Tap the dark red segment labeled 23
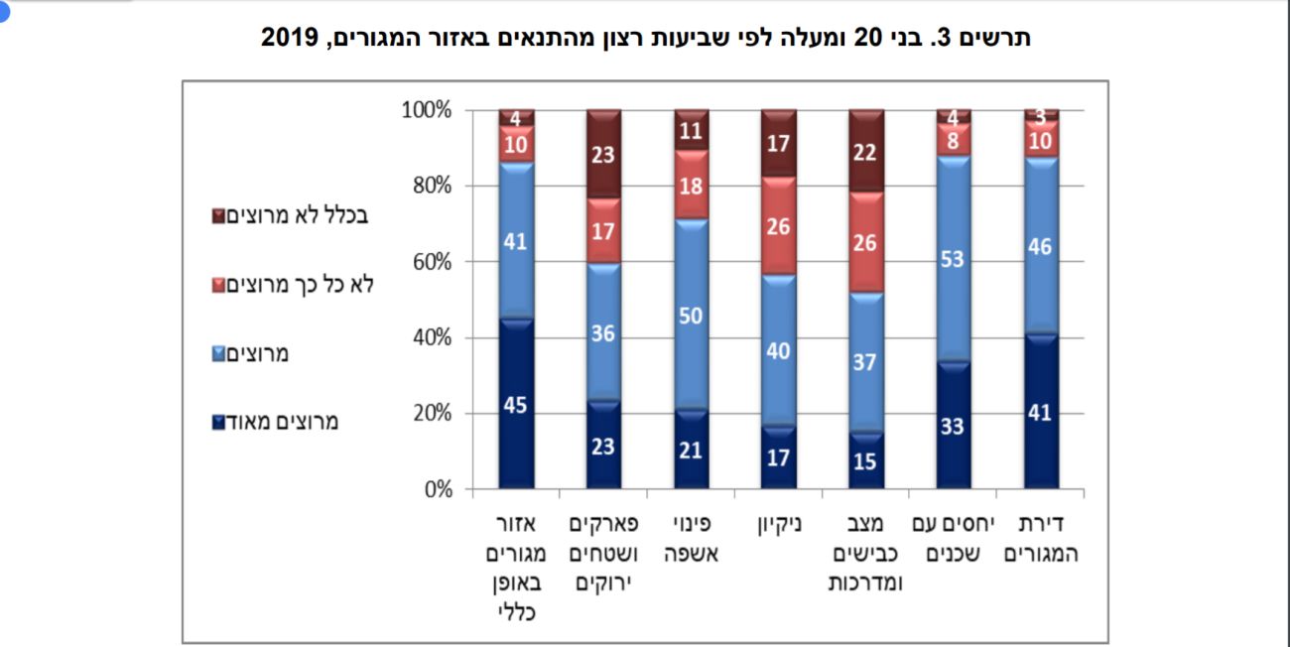[x=604, y=154]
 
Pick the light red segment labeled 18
[x=692, y=184]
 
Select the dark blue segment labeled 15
[x=866, y=461]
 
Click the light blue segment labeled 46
[x=1041, y=247]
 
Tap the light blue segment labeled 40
[x=779, y=349]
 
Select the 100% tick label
[x=428, y=110]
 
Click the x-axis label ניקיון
[x=779, y=522]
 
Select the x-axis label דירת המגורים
[x=1041, y=538]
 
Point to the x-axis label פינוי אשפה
[x=692, y=538]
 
